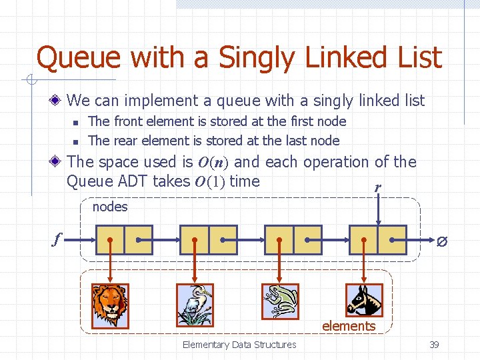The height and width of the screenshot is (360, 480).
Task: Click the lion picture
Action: (110, 305)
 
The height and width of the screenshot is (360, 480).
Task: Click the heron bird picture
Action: (194, 305)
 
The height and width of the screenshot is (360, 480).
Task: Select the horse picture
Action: (364, 300)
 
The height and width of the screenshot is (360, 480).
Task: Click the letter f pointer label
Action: (57, 239)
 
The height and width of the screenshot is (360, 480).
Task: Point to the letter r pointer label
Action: (378, 188)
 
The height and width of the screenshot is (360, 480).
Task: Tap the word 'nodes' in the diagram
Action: (110, 207)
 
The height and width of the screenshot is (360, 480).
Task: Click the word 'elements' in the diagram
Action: (349, 326)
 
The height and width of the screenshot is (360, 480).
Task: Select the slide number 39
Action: (433, 345)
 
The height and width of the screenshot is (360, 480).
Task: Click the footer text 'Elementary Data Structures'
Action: (239, 345)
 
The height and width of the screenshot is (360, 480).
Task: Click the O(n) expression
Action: (213, 162)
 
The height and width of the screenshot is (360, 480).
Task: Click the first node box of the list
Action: (125, 240)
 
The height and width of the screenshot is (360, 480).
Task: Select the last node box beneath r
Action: (378, 240)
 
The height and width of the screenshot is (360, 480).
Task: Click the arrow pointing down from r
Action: (378, 210)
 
